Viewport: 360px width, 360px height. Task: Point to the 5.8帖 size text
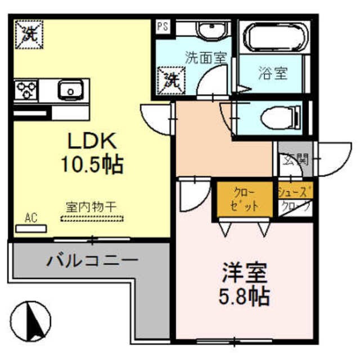(243, 295)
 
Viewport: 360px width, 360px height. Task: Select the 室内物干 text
(91, 208)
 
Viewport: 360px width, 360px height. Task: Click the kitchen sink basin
(69, 89)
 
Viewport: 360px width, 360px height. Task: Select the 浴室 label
(273, 74)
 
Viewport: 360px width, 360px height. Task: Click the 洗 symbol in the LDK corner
(26, 33)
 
